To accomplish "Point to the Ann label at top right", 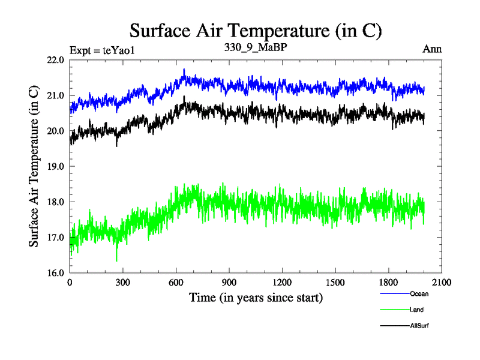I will point(432,49).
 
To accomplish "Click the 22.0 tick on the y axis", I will point(55,60).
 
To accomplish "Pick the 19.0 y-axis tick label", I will point(55,166).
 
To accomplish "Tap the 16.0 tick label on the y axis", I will point(55,272).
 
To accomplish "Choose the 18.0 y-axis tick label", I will point(55,202).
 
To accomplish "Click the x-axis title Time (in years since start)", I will point(256,298).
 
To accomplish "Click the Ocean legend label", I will point(419,294).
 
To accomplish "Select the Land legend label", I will point(417,310).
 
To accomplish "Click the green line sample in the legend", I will point(394,310).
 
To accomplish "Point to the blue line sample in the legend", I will point(394,294).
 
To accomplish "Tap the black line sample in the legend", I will point(394,325).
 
